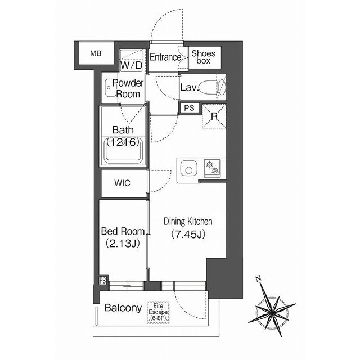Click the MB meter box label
[x=96, y=53]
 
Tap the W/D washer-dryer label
[x=131, y=65]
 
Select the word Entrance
[x=165, y=57]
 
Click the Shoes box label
[x=204, y=57]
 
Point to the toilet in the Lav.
[x=212, y=87]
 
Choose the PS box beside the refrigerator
[x=190, y=108]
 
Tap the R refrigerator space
[x=214, y=116]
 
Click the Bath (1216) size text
[x=123, y=142]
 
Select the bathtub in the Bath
[x=123, y=150]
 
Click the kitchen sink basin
[x=189, y=168]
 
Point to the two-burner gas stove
[x=212, y=168]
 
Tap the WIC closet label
[x=123, y=183]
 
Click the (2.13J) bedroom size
[x=123, y=244]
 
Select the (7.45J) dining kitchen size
[x=188, y=235]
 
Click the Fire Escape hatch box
[x=158, y=313]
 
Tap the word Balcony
[x=123, y=308]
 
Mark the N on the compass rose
[x=259, y=279]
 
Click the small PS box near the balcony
[x=103, y=281]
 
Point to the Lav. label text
[x=190, y=88]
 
